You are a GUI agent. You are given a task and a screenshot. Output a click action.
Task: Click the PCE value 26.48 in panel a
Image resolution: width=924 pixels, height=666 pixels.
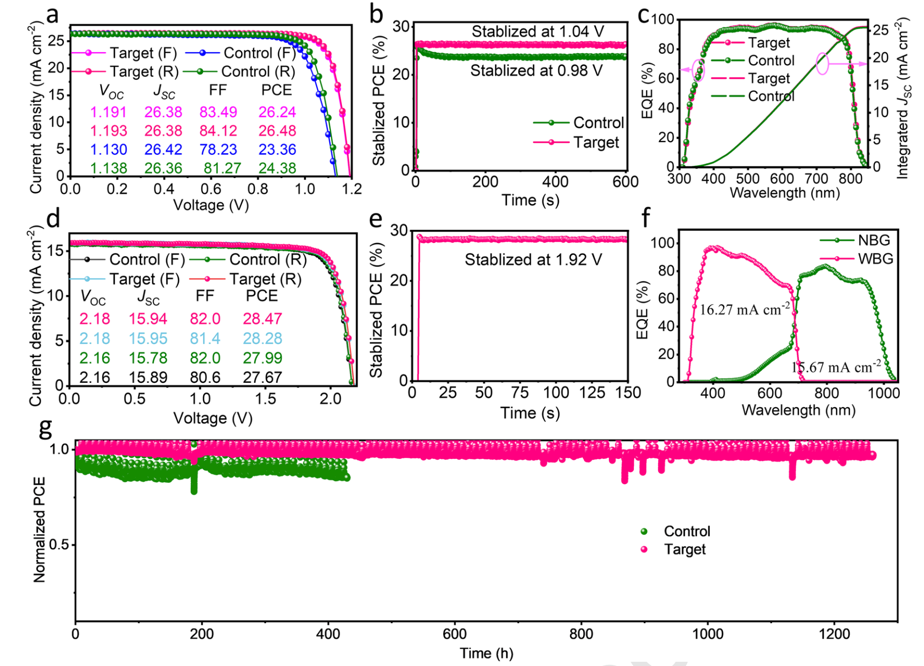[277, 130]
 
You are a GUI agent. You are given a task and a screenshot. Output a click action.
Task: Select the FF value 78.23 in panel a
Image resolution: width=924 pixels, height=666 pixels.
[218, 149]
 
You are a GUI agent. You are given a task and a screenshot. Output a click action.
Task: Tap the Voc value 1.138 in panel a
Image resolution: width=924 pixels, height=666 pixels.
[108, 168]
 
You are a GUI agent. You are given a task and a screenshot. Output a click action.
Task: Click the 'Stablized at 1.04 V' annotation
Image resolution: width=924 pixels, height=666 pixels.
[537, 32]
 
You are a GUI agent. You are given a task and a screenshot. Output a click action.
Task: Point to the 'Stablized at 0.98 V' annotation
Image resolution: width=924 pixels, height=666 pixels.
[536, 71]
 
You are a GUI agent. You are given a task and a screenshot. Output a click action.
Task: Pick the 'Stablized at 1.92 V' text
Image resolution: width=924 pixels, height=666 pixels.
[533, 260]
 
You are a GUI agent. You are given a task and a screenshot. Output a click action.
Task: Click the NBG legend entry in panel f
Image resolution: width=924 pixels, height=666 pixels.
[873, 240]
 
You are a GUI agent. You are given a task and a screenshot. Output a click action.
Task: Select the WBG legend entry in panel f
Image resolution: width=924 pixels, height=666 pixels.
[875, 259]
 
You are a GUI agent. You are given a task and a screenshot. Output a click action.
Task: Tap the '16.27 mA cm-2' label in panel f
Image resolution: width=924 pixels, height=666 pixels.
[745, 309]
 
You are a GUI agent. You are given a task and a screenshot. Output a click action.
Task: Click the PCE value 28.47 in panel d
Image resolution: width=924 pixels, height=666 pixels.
[262, 318]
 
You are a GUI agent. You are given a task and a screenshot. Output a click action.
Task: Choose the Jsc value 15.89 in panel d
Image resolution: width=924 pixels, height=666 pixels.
[148, 378]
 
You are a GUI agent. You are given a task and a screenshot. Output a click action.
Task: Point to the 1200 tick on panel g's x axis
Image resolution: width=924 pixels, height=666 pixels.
[834, 634]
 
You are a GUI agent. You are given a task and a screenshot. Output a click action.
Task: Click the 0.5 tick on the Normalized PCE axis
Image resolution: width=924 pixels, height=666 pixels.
[59, 545]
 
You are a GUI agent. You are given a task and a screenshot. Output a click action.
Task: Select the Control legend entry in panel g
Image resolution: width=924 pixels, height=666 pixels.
[687, 531]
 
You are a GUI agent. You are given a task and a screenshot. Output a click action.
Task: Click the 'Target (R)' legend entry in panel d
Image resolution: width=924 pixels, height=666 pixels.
[265, 279]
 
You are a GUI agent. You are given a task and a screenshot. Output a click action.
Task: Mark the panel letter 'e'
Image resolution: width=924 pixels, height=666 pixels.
[376, 218]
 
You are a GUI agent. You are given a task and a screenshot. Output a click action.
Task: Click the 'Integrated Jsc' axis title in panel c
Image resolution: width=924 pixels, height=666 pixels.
[903, 98]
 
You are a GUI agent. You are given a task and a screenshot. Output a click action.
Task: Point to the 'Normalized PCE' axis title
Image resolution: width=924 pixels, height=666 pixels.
[40, 530]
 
